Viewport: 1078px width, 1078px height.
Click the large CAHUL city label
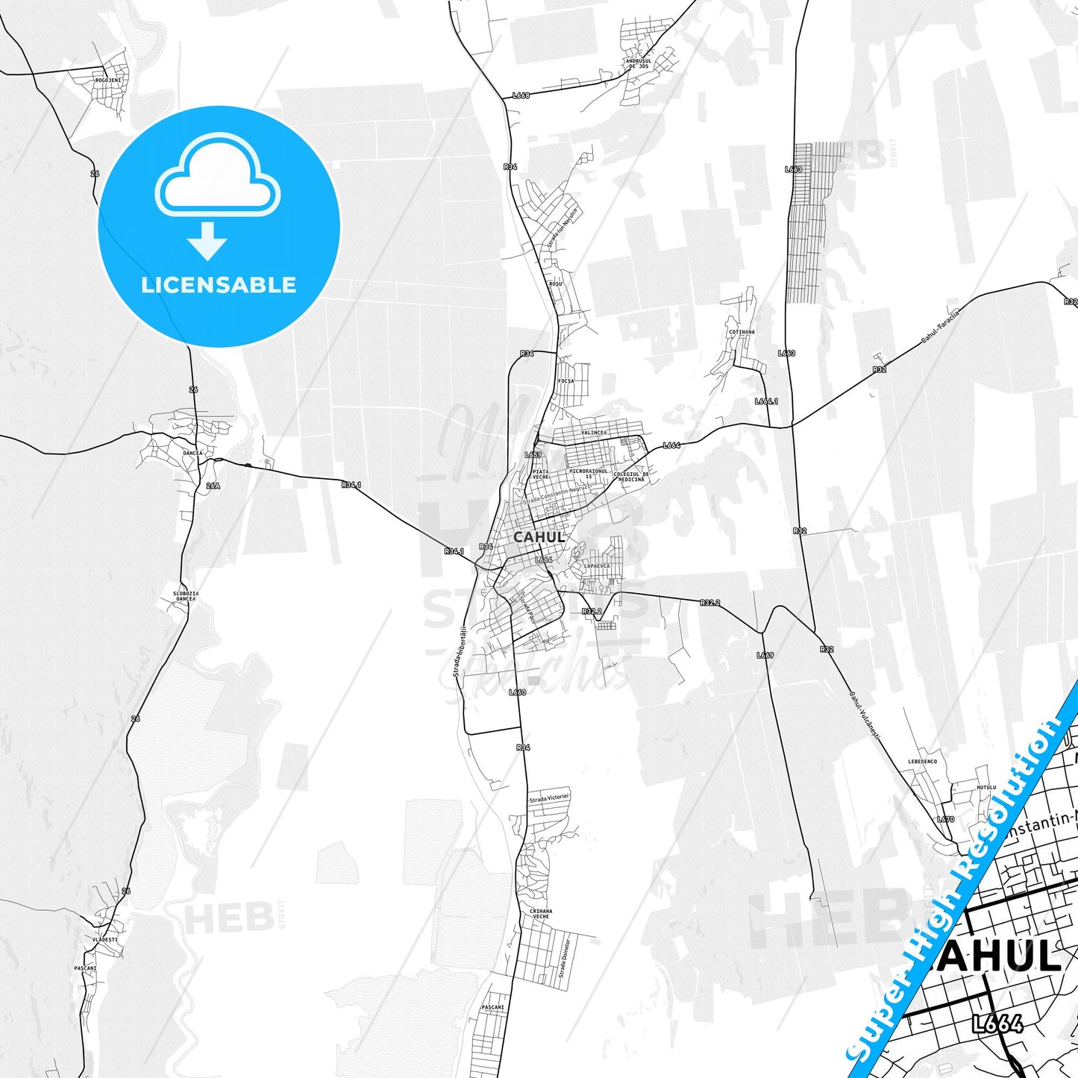point(539,537)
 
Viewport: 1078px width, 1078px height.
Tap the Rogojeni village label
point(108,80)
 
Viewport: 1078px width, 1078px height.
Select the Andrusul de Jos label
point(639,63)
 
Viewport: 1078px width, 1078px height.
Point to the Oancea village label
point(192,453)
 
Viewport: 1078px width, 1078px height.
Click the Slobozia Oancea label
point(186,596)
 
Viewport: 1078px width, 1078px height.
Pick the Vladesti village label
point(105,940)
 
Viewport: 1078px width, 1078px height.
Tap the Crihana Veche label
point(541,914)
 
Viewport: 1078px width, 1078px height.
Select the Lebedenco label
point(922,762)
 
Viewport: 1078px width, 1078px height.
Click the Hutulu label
point(986,787)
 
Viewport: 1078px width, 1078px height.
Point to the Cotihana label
point(742,332)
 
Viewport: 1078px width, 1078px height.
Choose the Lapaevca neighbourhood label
point(597,566)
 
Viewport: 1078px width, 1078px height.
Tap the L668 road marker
point(521,95)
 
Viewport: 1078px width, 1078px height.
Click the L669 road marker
point(765,655)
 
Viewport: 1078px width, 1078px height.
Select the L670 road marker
point(945,819)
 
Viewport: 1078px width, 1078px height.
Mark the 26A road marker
point(213,486)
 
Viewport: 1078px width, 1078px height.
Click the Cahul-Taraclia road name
point(940,325)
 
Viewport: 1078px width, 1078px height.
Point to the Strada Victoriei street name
point(549,799)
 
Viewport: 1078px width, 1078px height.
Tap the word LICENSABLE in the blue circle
point(219,285)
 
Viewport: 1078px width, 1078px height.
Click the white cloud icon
point(217,175)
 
